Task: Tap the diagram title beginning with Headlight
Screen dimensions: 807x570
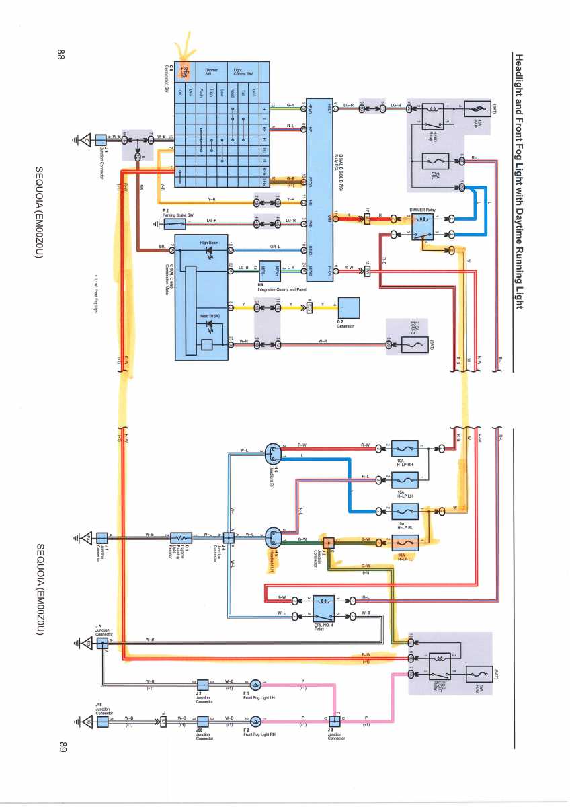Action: [x=518, y=181]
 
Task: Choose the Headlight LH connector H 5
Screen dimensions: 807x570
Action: [x=272, y=536]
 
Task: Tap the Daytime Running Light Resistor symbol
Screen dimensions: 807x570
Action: [x=181, y=537]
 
